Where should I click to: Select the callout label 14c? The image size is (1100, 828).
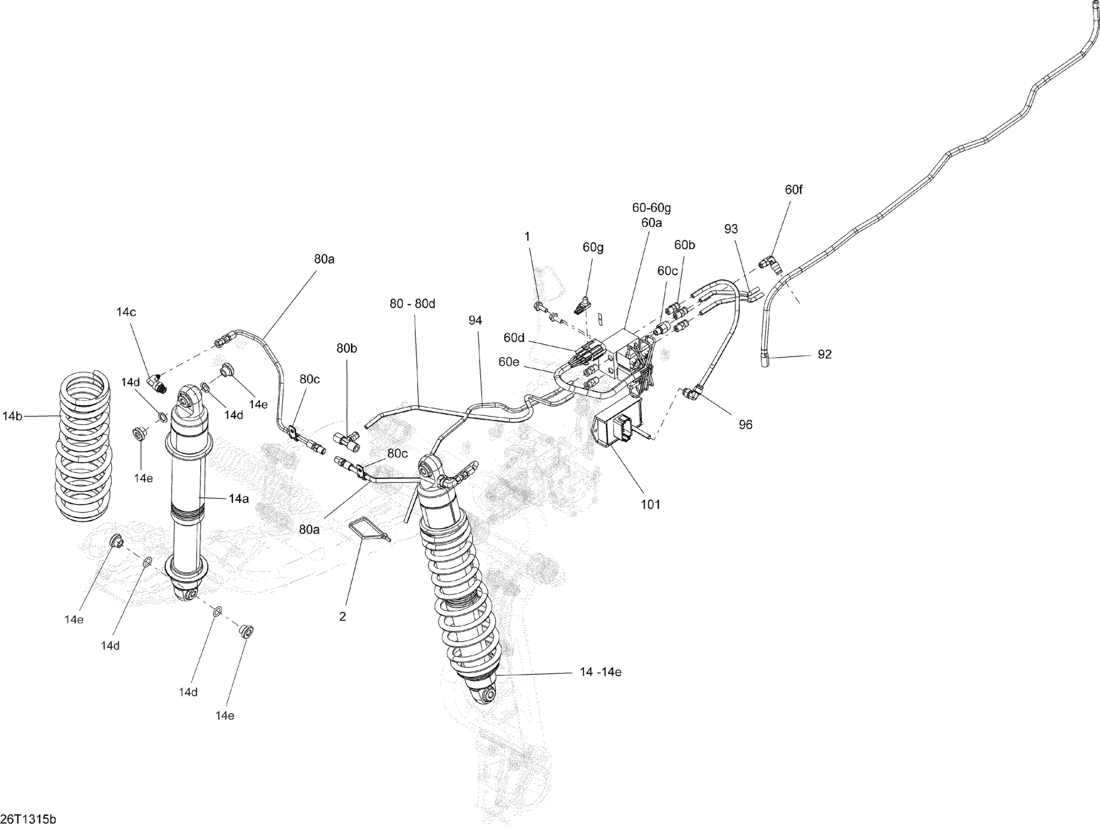(126, 312)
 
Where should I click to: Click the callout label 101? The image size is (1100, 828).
(651, 505)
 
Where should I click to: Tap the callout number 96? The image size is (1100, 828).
(745, 424)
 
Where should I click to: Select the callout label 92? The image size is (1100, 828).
(825, 355)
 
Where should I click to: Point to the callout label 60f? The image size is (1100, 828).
(793, 189)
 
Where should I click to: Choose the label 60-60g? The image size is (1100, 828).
(652, 207)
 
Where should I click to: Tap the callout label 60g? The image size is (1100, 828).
(593, 247)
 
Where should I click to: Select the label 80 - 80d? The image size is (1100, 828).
(412, 303)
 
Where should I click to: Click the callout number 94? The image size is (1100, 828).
(475, 320)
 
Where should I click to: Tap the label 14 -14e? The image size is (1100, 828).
(601, 672)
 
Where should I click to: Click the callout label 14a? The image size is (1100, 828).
(239, 498)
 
